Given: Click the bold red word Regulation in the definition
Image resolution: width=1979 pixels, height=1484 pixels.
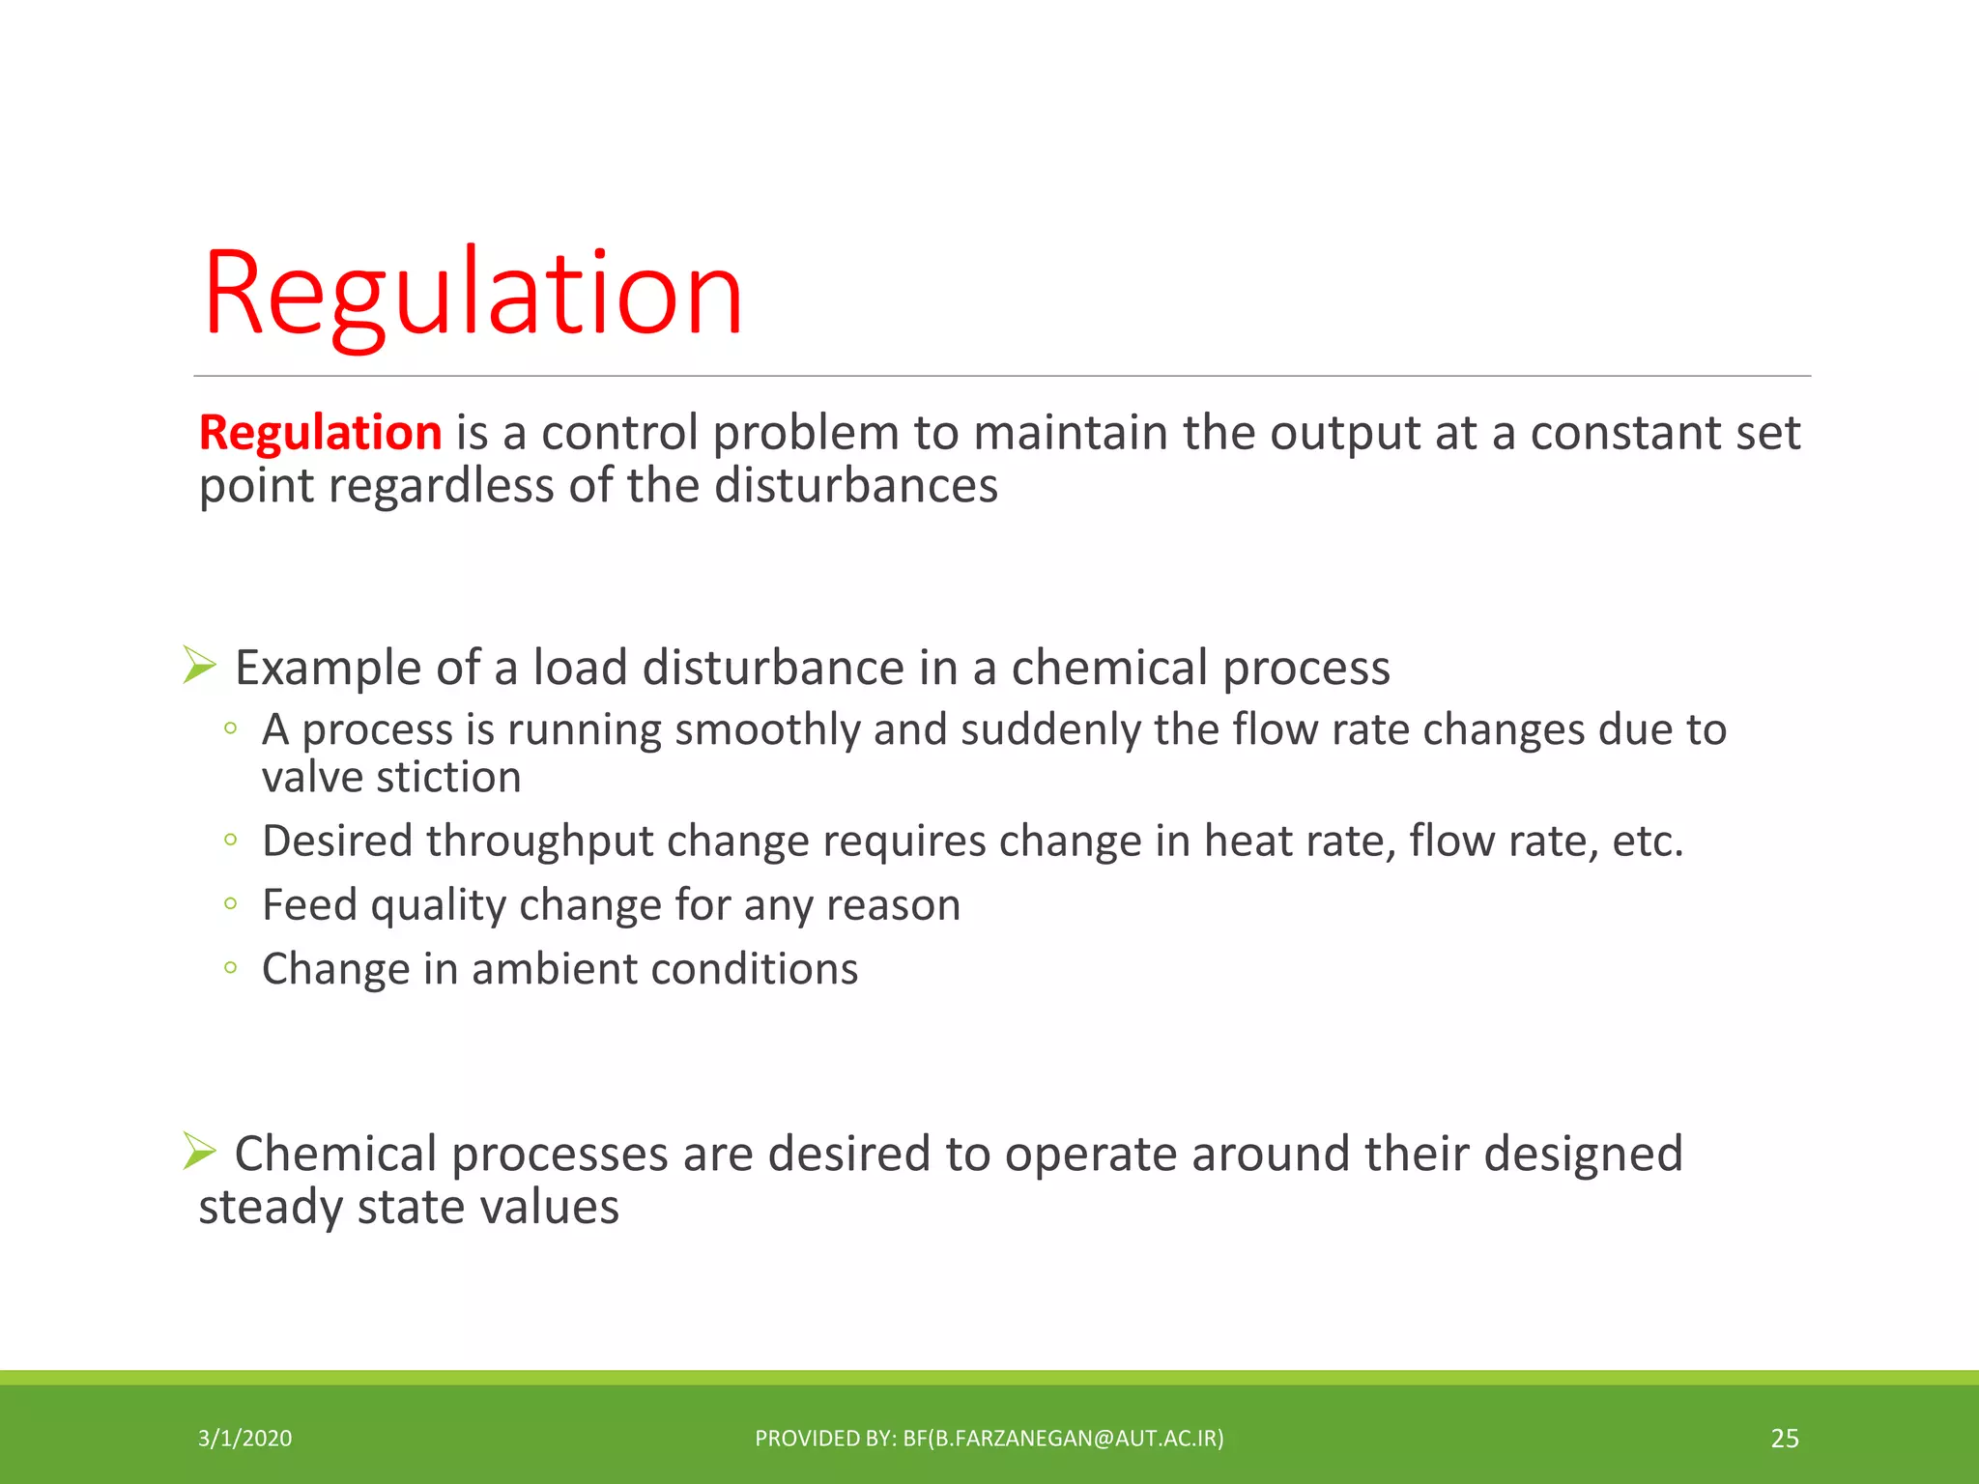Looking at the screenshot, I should point(320,432).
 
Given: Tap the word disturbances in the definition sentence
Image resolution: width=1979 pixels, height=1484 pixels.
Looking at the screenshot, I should point(855,485).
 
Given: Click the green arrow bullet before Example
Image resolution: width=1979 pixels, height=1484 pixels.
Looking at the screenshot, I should point(199,666).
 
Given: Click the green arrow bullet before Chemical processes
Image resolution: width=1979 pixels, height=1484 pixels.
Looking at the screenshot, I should point(199,1151).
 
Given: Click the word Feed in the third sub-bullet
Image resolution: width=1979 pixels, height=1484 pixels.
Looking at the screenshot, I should point(309,905).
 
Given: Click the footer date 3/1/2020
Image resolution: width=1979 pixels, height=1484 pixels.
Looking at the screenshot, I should point(244,1439).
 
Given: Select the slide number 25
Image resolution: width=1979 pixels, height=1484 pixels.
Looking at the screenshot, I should point(1784,1439).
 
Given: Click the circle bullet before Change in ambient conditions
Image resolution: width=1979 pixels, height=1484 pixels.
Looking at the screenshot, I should point(230,967).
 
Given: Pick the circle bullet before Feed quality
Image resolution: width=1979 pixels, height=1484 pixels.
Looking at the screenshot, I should point(230,903).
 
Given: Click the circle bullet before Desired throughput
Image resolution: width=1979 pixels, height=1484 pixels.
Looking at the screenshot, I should point(230,840).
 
